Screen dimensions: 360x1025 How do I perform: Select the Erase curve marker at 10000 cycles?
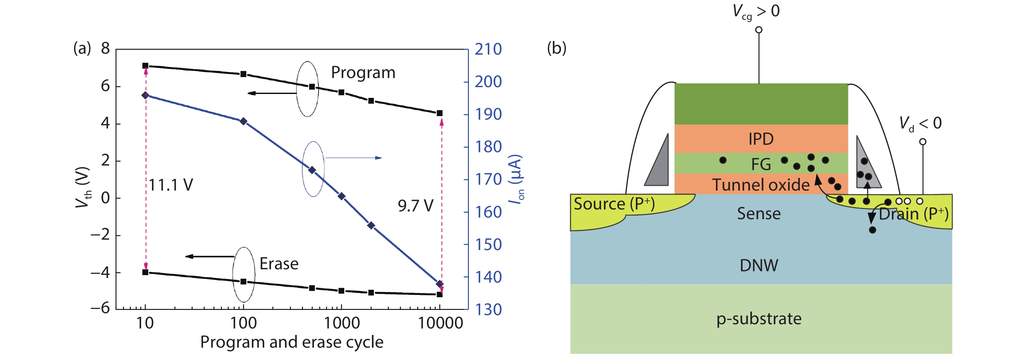pos(440,294)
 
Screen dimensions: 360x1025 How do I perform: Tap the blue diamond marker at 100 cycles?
pos(243,121)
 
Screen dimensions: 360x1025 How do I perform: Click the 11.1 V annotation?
pos(171,185)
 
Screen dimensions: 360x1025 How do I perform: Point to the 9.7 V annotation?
pos(416,206)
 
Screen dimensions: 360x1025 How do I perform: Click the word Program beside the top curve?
pos(363,73)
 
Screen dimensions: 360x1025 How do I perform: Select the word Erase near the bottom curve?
pos(279,264)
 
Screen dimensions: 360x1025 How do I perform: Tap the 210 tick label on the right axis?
pos(488,49)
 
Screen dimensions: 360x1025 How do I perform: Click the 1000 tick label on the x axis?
pos(342,323)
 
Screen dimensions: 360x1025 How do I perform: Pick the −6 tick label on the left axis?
pos(100,308)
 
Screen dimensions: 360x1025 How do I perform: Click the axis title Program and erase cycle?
pos(292,342)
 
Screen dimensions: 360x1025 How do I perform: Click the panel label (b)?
pos(556,48)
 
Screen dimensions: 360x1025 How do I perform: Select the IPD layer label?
pos(761,139)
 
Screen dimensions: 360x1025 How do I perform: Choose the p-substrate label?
pos(759,319)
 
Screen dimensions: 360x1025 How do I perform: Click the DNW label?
pos(759,265)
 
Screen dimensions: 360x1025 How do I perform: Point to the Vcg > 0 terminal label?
pos(756,11)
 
